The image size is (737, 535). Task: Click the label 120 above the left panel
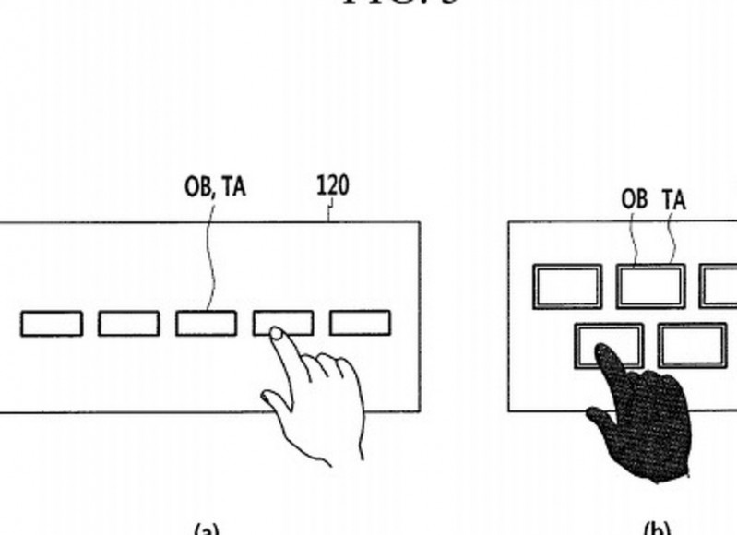(x=332, y=185)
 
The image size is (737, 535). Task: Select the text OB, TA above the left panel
(x=215, y=187)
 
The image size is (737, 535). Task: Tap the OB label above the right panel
(x=635, y=199)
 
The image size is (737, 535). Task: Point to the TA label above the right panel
(x=674, y=199)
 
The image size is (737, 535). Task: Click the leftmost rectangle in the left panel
(x=51, y=324)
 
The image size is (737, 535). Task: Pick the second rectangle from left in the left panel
(x=128, y=324)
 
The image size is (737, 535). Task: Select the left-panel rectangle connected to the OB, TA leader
(x=206, y=324)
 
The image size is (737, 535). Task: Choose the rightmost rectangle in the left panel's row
(x=360, y=324)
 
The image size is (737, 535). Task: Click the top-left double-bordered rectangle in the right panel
(x=567, y=286)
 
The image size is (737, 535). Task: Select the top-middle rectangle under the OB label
(x=650, y=286)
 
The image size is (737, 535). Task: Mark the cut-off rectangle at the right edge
(x=719, y=286)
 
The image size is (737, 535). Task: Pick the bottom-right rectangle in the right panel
(x=692, y=345)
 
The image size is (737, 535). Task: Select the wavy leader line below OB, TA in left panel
(x=210, y=258)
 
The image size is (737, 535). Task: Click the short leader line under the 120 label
(x=329, y=212)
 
